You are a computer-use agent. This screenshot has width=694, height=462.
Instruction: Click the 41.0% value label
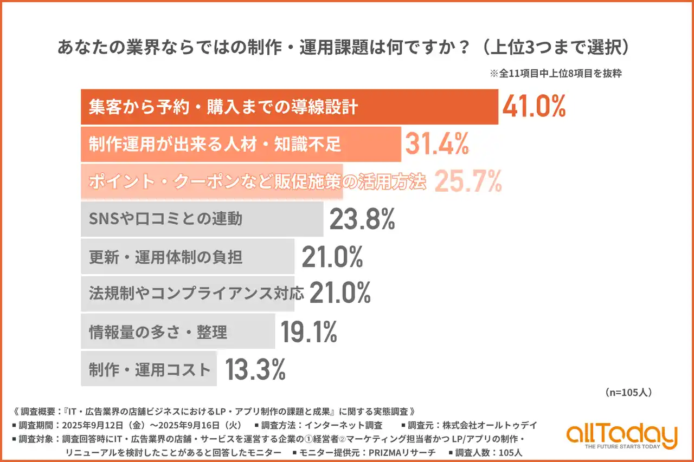534,107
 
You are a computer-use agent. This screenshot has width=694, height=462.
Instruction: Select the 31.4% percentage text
436,144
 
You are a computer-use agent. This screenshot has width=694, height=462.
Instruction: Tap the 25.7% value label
468,182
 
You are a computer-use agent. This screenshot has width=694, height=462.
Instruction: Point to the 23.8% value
362,219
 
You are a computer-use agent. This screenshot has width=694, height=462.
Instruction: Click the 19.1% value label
309,332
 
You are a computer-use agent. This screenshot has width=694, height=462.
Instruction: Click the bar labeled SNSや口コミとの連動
202,219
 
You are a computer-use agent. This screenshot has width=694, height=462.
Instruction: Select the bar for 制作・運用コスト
149,369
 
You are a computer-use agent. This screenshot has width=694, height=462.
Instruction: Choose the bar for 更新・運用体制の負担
187,257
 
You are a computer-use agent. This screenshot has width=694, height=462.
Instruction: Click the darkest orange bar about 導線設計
289,107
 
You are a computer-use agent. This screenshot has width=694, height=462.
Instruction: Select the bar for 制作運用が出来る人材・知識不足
241,144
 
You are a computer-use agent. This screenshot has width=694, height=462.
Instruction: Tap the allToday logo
621,435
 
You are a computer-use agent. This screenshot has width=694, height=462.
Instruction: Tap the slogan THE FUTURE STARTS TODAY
622,447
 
